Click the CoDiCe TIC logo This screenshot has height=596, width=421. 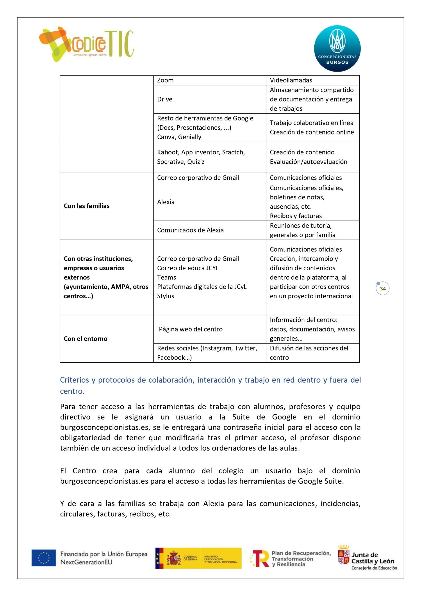pos(86,44)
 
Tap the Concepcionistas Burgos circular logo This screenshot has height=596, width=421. pos(337,48)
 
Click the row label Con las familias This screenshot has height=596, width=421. pos(87,206)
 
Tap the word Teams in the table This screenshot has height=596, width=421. pos(166,277)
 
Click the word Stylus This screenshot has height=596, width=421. pos(166,296)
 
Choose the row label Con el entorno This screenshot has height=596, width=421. pos(86,339)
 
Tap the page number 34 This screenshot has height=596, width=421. pos(383,289)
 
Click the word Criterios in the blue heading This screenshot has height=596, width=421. pos(75,380)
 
